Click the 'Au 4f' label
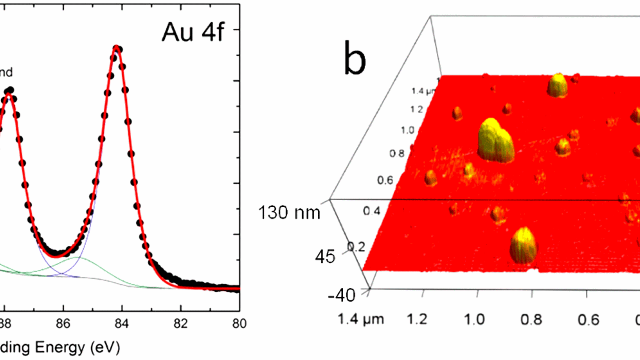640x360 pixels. [193, 32]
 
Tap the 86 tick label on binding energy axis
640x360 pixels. [63, 324]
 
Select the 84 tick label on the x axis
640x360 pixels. [122, 324]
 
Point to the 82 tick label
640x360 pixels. [180, 324]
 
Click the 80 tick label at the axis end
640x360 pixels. [239, 324]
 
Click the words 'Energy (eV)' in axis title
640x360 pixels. [78, 347]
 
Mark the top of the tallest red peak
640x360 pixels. [116, 47]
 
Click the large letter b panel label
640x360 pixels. [355, 58]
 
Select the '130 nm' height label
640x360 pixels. [290, 212]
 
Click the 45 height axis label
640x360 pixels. [325, 257]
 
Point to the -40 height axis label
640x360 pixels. [342, 295]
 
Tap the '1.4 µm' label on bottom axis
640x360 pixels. [361, 319]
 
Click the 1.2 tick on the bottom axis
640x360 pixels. [417, 319]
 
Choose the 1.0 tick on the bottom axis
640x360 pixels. [474, 319]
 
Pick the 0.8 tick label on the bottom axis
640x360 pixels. [531, 319]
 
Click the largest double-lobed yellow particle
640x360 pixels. [496, 141]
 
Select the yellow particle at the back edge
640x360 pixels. [558, 85]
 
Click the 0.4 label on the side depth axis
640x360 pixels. [372, 211]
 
